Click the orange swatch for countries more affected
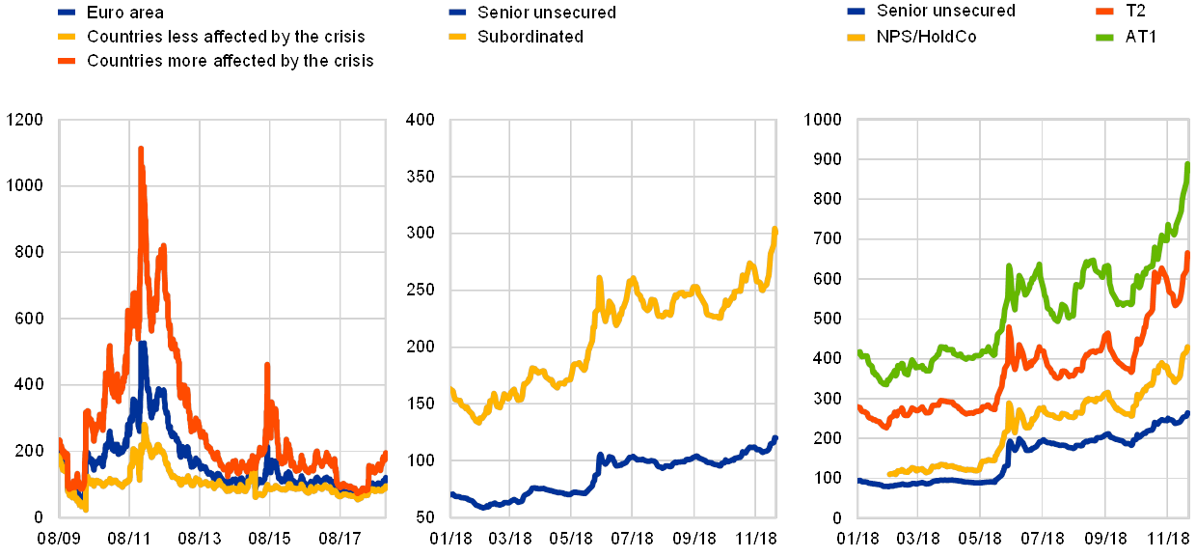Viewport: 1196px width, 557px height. tap(68, 60)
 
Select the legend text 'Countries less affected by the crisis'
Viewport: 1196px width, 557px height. tap(227, 37)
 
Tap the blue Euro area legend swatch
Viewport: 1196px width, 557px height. tap(68, 13)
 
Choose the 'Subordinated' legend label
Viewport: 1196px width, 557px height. tap(528, 37)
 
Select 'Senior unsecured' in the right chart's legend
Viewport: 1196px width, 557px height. tap(945, 12)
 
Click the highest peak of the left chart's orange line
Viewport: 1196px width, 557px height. tap(141, 149)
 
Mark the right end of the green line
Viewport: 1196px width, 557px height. tap(1187, 164)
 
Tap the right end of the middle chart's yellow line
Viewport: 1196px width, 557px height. tap(775, 229)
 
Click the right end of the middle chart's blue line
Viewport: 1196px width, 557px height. tap(775, 437)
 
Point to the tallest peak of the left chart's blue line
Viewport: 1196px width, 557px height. tap(143, 343)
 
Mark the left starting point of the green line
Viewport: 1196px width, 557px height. tap(858, 352)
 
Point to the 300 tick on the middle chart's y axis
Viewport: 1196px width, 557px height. tap(423, 233)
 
